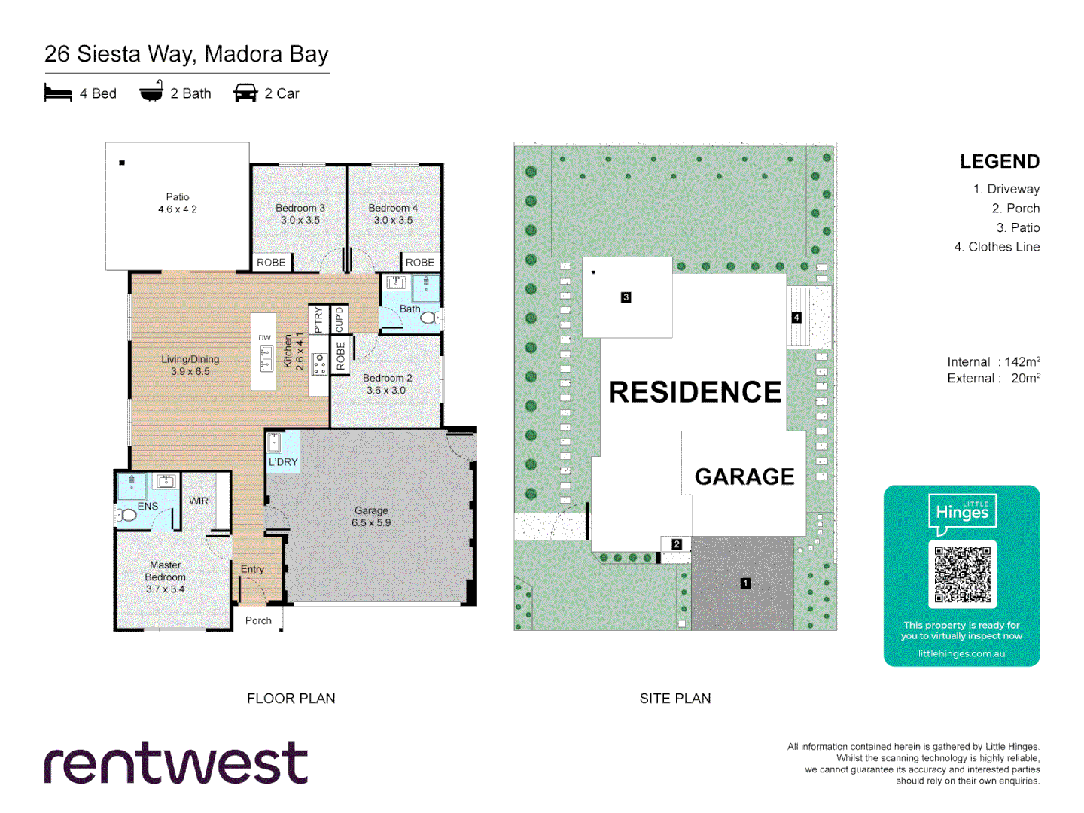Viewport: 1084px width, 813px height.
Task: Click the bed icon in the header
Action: [x=58, y=93]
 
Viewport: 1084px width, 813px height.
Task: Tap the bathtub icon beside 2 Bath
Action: [x=151, y=92]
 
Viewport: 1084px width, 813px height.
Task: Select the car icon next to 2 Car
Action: [x=245, y=93]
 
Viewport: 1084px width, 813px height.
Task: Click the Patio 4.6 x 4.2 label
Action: [x=178, y=203]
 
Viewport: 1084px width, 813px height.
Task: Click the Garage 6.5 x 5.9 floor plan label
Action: [x=371, y=516]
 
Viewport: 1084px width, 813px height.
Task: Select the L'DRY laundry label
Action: [x=283, y=462]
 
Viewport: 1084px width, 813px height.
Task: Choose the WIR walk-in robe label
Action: [x=199, y=501]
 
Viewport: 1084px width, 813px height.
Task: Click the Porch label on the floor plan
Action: [x=258, y=621]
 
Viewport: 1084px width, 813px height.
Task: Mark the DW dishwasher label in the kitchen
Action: [x=264, y=338]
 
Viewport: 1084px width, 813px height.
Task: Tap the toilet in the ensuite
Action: [x=126, y=515]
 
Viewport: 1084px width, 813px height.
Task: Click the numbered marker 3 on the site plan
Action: [x=626, y=297]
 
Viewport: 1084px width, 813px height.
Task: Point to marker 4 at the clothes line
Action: [x=796, y=318]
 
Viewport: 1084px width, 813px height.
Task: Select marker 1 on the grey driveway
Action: [x=745, y=583]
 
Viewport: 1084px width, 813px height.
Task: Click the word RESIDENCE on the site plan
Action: [x=695, y=392]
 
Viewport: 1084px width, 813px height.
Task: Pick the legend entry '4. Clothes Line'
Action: [x=997, y=247]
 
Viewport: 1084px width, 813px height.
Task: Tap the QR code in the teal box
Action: [x=962, y=574]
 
